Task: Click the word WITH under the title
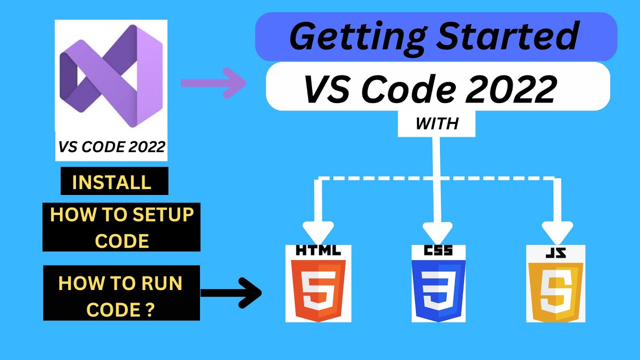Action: [x=436, y=123]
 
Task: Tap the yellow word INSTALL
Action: [x=111, y=182]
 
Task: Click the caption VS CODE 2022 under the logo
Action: [x=111, y=147]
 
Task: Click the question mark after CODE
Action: [x=149, y=310]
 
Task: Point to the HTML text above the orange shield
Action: [x=318, y=250]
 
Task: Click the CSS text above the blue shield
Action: [x=438, y=250]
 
